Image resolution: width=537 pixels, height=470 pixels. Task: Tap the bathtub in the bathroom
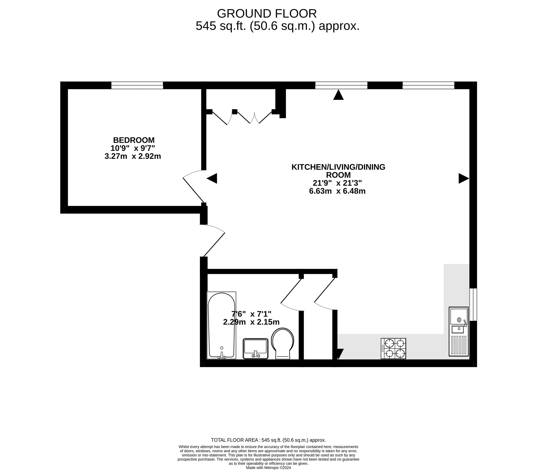(x=221, y=325)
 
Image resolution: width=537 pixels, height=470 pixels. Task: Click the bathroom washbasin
(x=255, y=349)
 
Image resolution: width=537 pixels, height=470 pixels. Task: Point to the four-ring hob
(x=393, y=349)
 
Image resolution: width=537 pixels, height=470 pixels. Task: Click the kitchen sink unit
(x=458, y=332)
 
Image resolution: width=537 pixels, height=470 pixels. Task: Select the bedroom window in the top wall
(x=137, y=85)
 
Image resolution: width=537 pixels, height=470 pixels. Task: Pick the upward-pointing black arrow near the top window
(x=338, y=95)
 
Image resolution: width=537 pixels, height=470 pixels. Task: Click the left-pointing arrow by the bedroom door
(x=212, y=178)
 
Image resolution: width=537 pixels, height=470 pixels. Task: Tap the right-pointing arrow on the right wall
(x=464, y=178)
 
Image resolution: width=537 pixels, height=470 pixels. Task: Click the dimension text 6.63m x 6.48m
(x=337, y=191)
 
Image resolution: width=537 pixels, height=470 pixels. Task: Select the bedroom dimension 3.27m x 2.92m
(x=133, y=156)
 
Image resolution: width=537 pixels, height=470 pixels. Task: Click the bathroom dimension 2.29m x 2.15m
(x=251, y=322)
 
